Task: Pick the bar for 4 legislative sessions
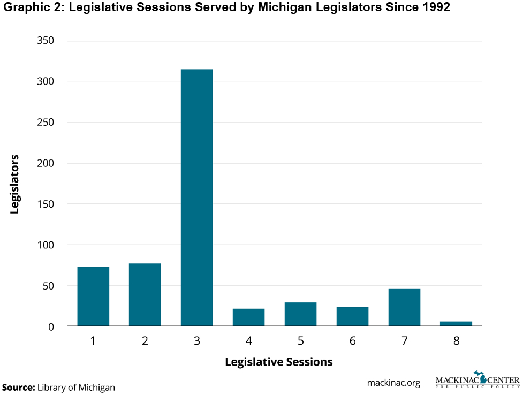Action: coord(248,317)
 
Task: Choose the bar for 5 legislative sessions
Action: coord(300,314)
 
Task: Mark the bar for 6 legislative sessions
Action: coord(352,316)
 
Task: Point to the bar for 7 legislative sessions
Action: coord(404,307)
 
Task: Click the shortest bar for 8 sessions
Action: coord(456,323)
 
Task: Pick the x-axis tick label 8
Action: coord(456,340)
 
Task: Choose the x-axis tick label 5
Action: coord(300,340)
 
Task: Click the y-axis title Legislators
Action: coord(15,184)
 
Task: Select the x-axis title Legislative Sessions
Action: coord(278,362)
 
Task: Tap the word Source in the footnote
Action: coord(18,387)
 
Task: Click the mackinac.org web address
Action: coord(393,383)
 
